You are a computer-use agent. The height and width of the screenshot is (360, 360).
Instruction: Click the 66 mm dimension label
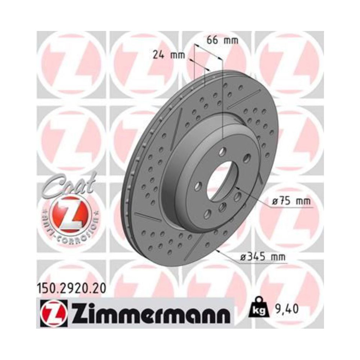tap(222, 40)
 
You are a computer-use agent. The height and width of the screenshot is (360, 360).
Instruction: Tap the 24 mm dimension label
tap(168, 55)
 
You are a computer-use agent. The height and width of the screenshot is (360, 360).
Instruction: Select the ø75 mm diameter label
tap(291, 202)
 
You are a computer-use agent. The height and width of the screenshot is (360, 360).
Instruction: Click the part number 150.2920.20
tap(71, 288)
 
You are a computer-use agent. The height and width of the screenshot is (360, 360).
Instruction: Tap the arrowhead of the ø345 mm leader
tap(218, 251)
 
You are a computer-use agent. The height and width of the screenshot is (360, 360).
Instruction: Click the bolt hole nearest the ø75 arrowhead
tap(238, 196)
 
